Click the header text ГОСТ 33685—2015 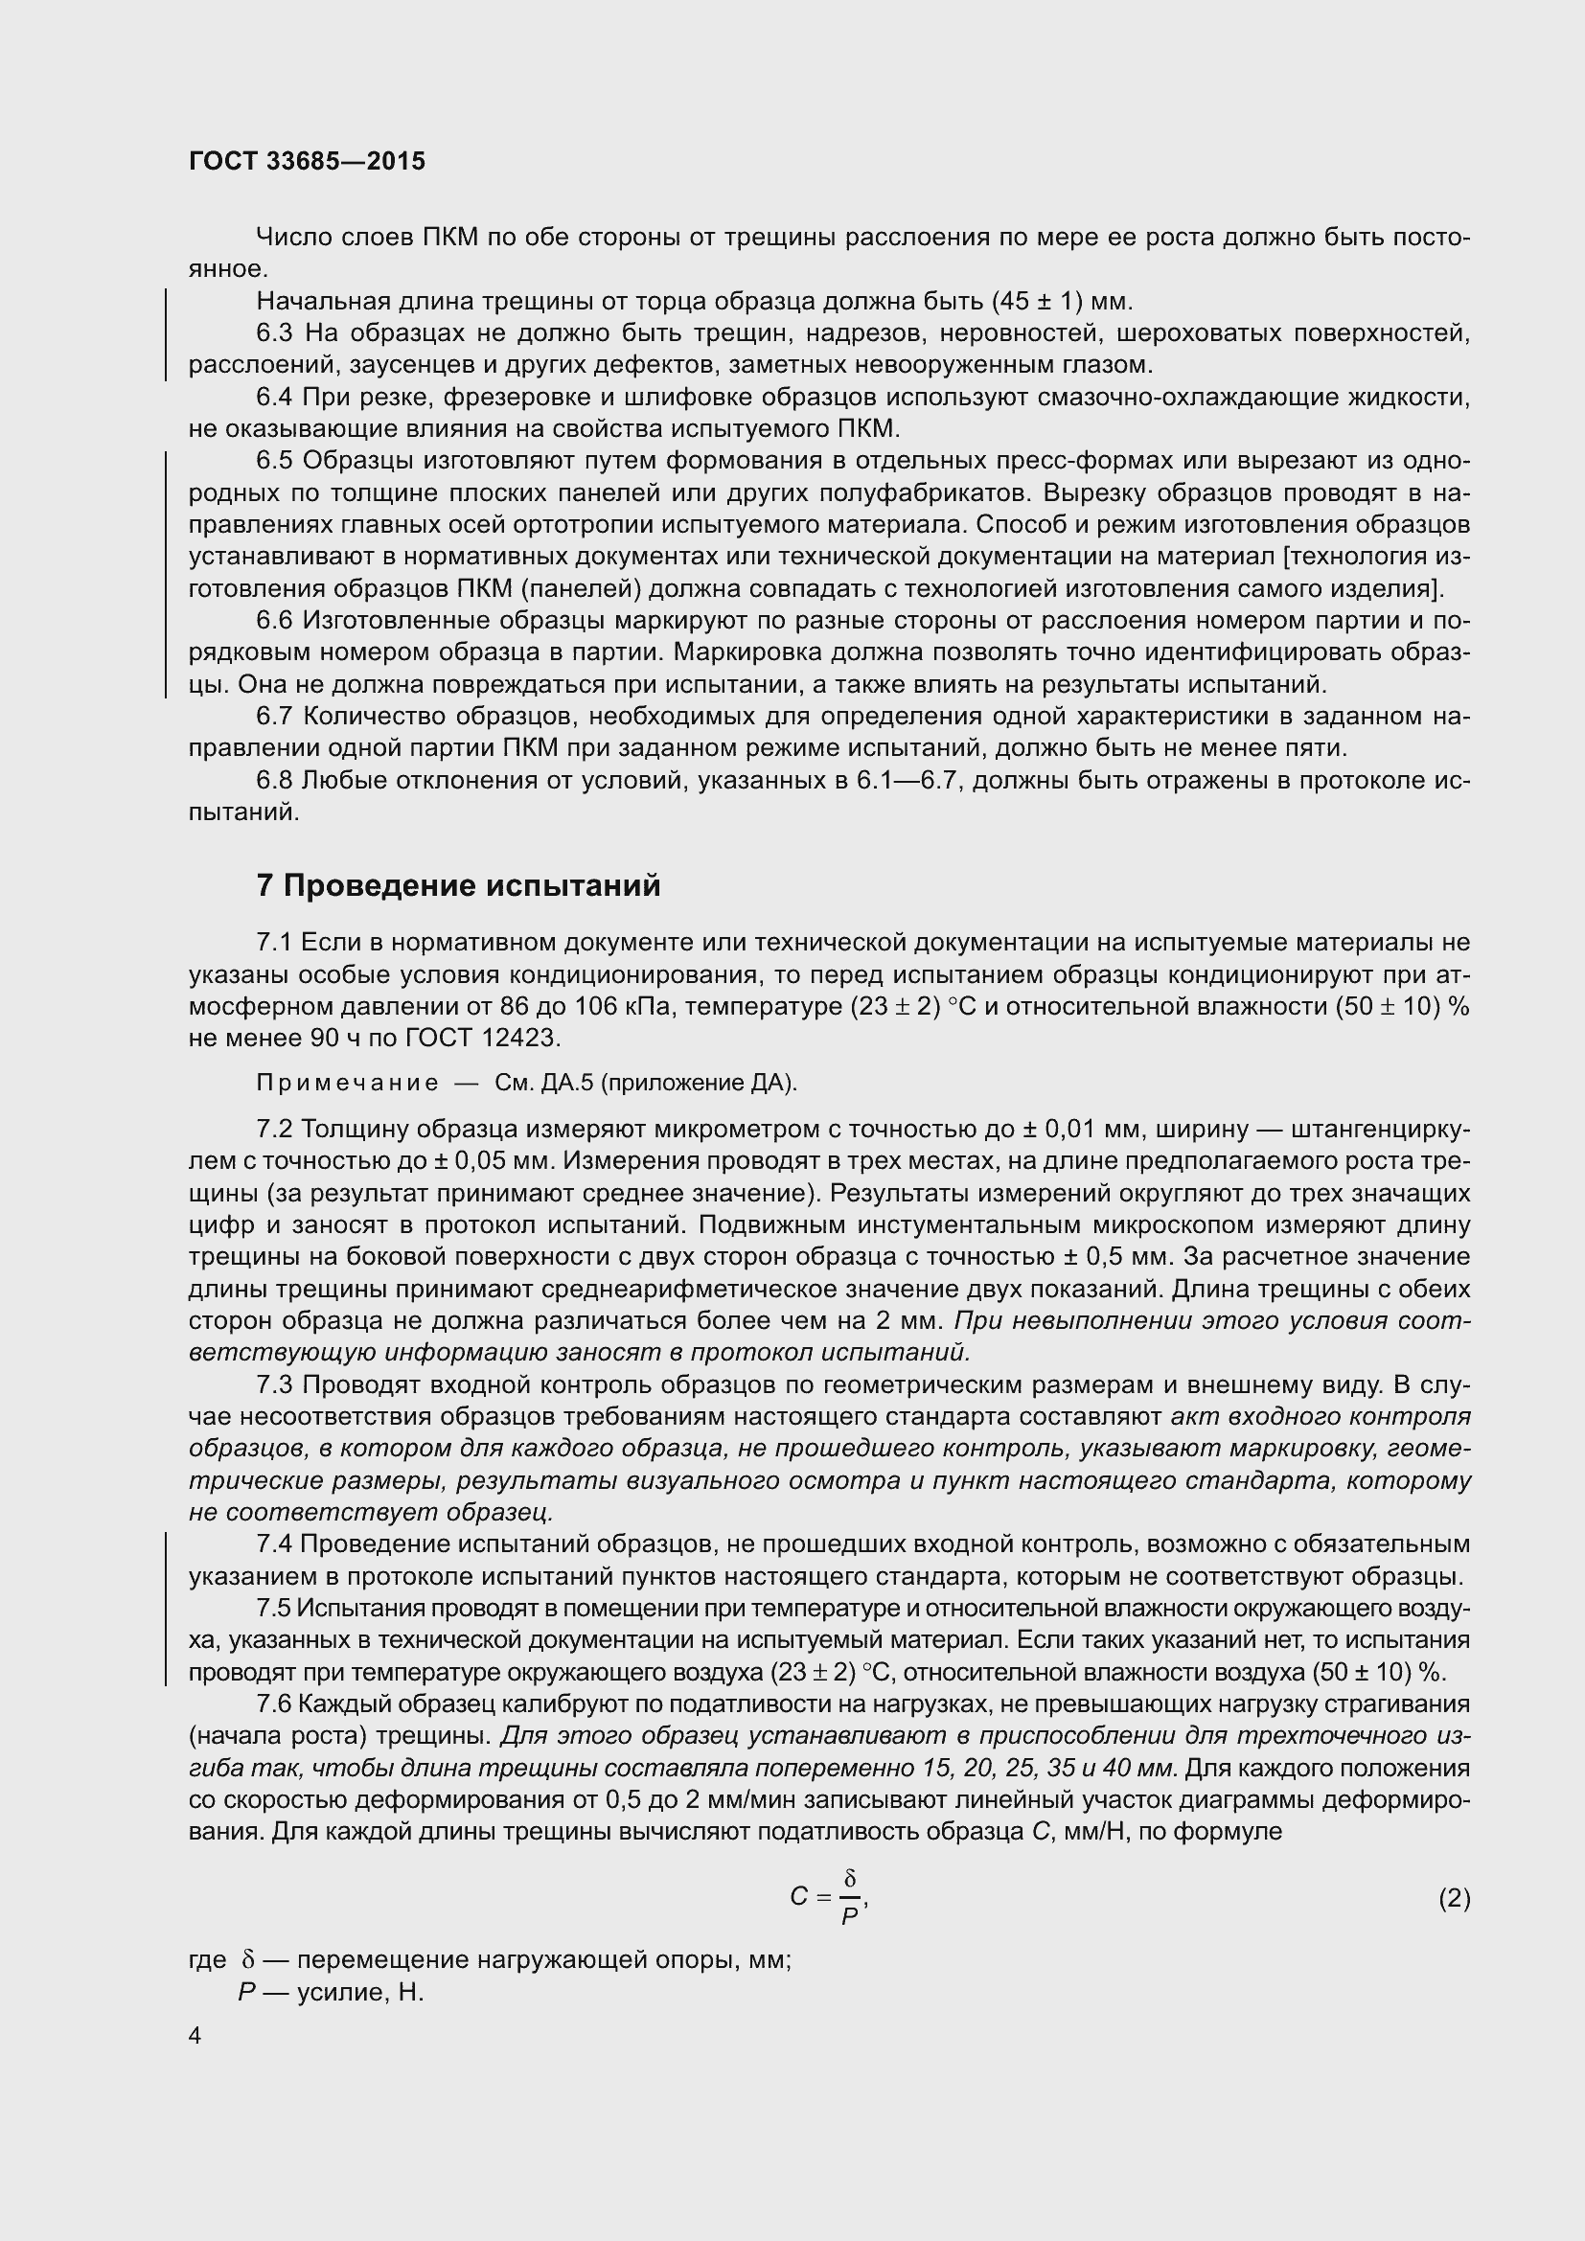[307, 162]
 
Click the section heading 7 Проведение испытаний [458, 885]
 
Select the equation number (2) [1454, 1898]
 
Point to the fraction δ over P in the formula [849, 1897]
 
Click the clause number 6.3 [274, 333]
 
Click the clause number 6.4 [274, 398]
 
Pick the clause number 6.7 [274, 717]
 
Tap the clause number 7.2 [274, 1130]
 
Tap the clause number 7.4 [274, 1544]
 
